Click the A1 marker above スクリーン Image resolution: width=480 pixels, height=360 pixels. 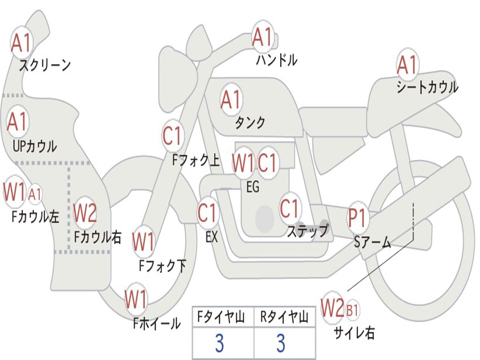(x=21, y=43)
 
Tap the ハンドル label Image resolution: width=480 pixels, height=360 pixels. (x=277, y=60)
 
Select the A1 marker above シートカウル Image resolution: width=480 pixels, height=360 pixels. (x=407, y=65)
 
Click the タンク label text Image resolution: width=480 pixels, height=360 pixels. (x=250, y=123)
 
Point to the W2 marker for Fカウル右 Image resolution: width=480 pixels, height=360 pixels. (x=85, y=212)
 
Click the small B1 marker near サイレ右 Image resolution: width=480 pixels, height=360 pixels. (x=352, y=310)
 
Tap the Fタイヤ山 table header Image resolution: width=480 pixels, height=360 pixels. (x=221, y=317)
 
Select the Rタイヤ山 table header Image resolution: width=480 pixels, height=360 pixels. (x=284, y=317)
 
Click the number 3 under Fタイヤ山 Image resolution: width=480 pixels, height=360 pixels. (x=220, y=343)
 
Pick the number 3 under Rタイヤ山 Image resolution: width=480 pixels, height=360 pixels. (x=281, y=343)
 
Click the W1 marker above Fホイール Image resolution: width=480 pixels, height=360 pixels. (x=135, y=299)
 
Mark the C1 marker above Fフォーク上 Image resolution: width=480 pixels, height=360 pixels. (x=172, y=135)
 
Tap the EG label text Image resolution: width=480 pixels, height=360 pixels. (x=253, y=187)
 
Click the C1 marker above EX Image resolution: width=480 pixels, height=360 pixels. (x=208, y=213)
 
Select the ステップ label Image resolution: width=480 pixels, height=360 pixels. (x=307, y=231)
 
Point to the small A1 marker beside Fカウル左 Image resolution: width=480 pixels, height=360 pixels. (x=35, y=194)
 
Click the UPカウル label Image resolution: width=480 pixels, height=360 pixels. (x=35, y=146)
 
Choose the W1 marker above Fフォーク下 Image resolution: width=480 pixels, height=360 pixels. (x=143, y=242)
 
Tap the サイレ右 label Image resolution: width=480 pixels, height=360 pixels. (x=354, y=333)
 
